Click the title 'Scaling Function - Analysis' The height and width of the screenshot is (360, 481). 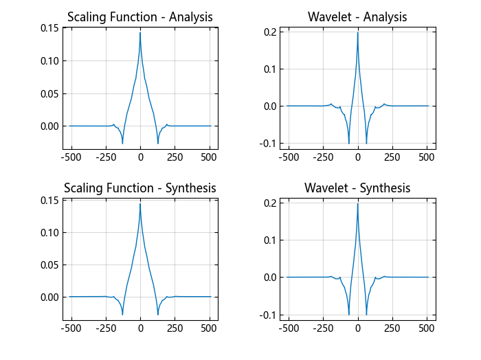tap(139, 17)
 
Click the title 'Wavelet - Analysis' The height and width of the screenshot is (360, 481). tap(357, 17)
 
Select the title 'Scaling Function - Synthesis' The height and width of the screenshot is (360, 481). tap(139, 188)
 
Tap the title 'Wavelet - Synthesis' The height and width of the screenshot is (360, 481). tap(357, 188)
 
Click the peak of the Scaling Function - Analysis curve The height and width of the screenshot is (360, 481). tap(140, 32)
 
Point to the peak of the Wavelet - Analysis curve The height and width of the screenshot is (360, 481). tap(357, 32)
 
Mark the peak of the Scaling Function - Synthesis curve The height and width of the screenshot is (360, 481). tap(140, 203)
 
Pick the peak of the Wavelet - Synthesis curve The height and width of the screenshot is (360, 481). tap(357, 203)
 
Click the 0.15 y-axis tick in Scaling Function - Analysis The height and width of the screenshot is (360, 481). tap(49, 28)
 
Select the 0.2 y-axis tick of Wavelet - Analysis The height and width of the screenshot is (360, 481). tap(269, 32)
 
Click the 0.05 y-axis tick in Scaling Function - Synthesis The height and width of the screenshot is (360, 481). tap(49, 265)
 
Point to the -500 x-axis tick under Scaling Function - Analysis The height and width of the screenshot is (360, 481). tap(71, 157)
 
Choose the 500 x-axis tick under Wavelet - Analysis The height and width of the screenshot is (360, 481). tap(427, 157)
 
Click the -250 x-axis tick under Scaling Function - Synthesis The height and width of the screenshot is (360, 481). tap(105, 328)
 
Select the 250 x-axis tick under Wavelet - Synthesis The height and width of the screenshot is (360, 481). tap(392, 328)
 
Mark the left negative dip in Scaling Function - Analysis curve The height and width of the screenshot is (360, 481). tap(122, 143)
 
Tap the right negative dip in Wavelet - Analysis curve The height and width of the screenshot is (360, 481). tap(366, 144)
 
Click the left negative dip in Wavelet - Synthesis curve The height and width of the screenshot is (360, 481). tap(349, 315)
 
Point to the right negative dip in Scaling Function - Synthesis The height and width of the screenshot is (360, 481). tap(158, 315)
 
